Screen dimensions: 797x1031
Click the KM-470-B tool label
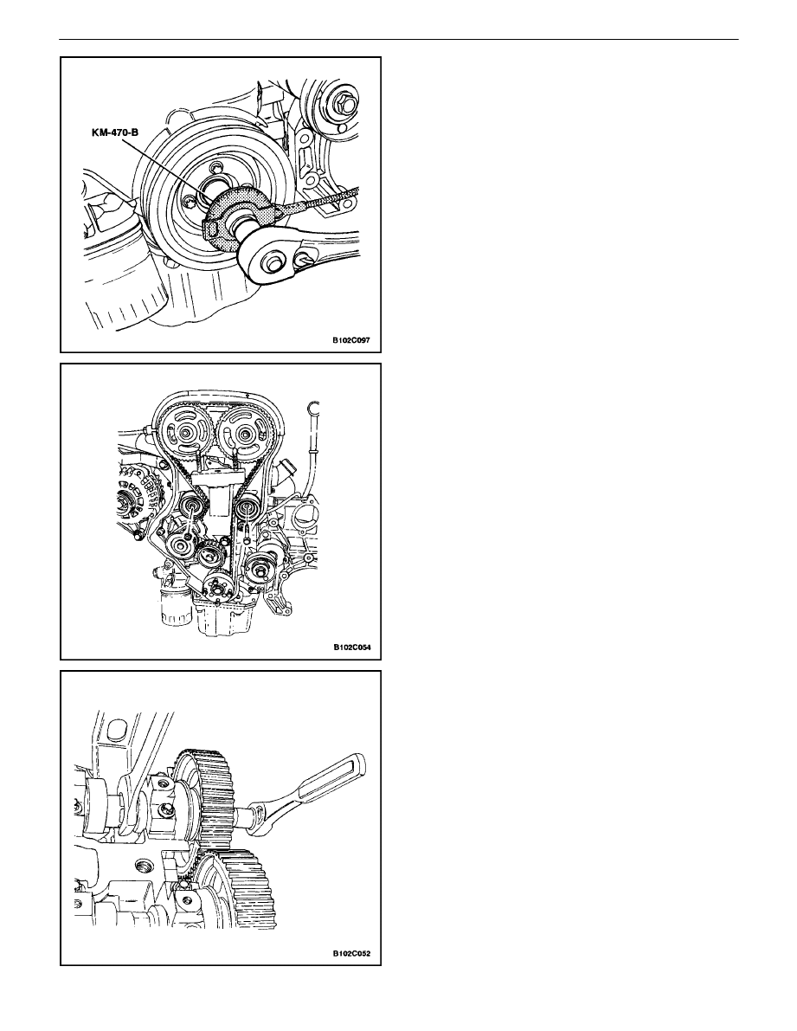tap(115, 132)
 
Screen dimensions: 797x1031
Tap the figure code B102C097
tap(351, 341)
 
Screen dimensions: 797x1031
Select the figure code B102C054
tap(351, 647)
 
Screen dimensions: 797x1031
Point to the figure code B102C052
tap(351, 953)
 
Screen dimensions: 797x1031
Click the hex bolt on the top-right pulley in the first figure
tap(342, 102)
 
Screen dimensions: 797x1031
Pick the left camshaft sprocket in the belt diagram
tap(187, 434)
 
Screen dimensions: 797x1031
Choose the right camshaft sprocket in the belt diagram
tap(245, 434)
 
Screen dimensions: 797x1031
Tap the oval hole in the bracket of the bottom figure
tap(118, 731)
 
